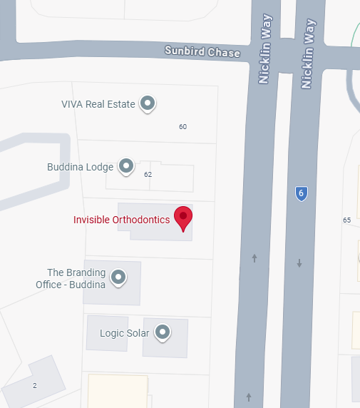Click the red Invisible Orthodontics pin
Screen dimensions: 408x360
point(183,218)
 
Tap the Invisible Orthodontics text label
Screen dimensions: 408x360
point(121,220)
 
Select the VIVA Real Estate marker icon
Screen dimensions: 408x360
point(148,103)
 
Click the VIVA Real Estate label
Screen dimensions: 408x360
point(98,104)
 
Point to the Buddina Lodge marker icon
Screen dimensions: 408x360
point(126,167)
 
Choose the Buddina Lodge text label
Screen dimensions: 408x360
point(80,168)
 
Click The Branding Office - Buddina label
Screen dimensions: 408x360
point(71,279)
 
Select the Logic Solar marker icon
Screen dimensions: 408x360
point(163,332)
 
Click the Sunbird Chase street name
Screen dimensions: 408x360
point(202,52)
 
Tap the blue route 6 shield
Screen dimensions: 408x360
point(302,193)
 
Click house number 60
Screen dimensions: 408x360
point(182,127)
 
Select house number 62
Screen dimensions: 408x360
point(148,175)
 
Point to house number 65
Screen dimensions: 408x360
point(346,220)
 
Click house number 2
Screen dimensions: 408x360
point(34,386)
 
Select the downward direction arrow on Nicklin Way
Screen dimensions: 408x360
point(299,263)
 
